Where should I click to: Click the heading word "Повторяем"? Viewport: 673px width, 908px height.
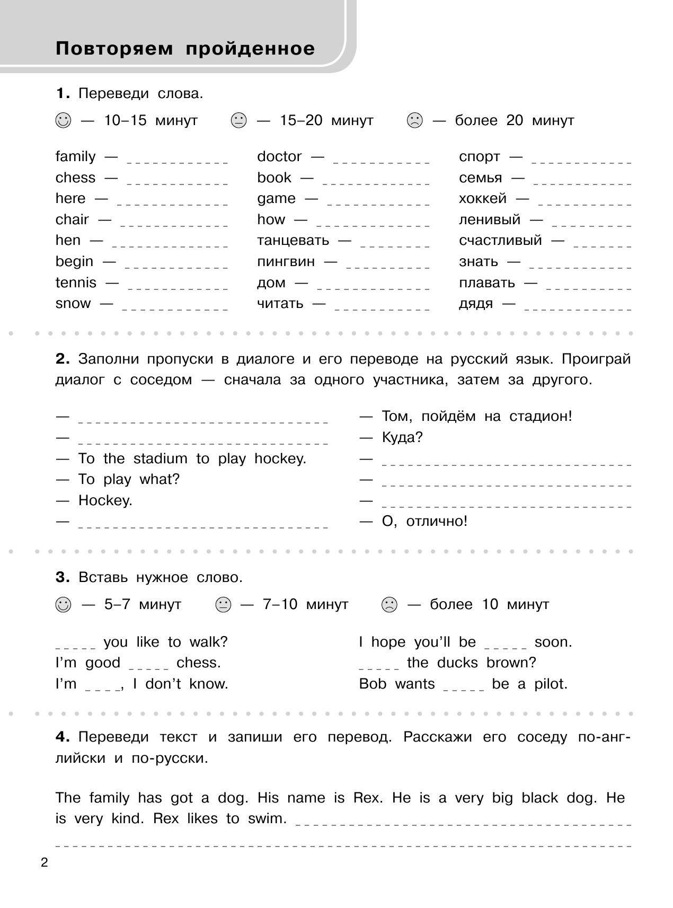tap(114, 49)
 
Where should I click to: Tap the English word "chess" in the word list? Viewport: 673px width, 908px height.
tap(75, 178)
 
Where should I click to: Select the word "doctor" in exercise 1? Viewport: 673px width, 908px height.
tap(279, 156)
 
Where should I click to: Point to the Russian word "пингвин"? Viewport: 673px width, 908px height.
tap(286, 261)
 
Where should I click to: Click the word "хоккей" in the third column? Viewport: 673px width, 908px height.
tap(482, 198)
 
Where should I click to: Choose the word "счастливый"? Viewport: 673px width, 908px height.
tap(500, 240)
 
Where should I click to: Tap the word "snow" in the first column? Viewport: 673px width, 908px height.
tap(73, 303)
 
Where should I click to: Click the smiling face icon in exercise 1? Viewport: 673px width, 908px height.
tap(63, 121)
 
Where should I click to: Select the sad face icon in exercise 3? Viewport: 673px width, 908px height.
tap(389, 605)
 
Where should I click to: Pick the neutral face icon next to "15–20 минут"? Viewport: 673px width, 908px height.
tap(239, 121)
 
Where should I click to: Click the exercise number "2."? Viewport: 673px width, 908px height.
tap(63, 359)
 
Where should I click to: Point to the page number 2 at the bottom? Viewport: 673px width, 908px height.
tap(44, 862)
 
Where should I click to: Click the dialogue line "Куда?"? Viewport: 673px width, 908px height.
tap(402, 437)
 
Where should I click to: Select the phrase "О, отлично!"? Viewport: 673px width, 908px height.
tap(424, 521)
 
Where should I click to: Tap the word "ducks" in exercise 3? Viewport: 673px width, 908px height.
tap(457, 663)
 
